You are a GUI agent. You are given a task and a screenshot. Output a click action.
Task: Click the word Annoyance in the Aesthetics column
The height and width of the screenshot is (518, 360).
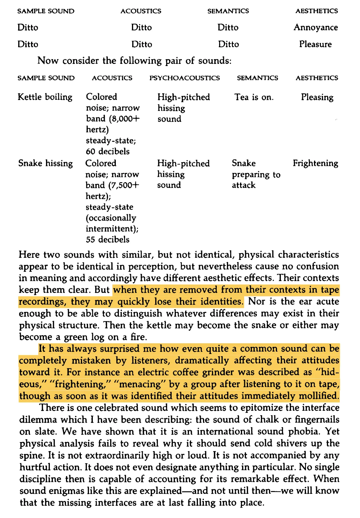(x=316, y=27)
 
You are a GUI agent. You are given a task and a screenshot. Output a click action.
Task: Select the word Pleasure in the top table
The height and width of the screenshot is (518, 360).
(x=315, y=44)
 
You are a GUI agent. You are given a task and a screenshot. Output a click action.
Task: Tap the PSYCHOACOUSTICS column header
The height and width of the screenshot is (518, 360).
(x=184, y=78)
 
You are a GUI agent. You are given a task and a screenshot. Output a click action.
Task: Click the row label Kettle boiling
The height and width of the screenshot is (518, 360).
(x=45, y=97)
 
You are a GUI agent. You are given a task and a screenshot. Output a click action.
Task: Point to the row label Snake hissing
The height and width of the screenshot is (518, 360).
(x=45, y=163)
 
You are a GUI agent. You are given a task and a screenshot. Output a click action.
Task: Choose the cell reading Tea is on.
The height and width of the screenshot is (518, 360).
(x=254, y=97)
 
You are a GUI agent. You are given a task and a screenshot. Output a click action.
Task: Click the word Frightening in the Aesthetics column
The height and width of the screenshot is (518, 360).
(x=315, y=163)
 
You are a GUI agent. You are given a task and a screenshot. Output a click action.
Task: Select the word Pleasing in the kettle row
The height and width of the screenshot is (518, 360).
(x=317, y=97)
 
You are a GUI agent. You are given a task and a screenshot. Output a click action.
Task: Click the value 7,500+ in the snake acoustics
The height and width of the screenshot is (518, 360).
(x=125, y=186)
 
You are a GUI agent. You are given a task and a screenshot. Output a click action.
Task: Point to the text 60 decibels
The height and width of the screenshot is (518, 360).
(x=107, y=151)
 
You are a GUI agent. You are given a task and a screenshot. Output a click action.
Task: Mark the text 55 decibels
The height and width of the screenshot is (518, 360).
(x=107, y=240)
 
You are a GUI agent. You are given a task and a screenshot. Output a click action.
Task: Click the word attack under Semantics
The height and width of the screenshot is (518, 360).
(x=244, y=186)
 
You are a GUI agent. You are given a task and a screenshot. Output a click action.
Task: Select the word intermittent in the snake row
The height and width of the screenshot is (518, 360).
(x=111, y=229)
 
